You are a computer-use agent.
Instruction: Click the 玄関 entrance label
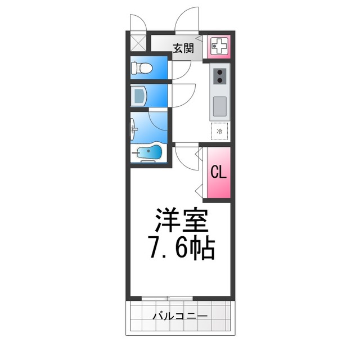pyautogui.click(x=183, y=48)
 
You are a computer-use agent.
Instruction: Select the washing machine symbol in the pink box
pyautogui.click(x=219, y=46)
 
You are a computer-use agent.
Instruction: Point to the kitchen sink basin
pyautogui.click(x=219, y=104)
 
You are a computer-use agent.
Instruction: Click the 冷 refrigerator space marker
pyautogui.click(x=220, y=131)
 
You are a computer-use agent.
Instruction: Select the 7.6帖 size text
pyautogui.click(x=181, y=248)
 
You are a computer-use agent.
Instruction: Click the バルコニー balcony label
pyautogui.click(x=181, y=316)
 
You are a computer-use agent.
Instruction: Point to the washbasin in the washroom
pyautogui.click(x=139, y=96)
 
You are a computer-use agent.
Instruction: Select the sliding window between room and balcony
pyautogui.click(x=167, y=298)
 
